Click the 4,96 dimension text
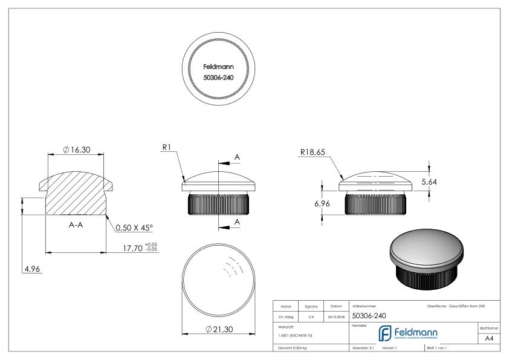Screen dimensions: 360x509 click(x=31, y=269)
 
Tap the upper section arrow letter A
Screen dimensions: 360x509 click(x=237, y=157)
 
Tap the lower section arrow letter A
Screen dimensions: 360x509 click(x=237, y=222)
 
